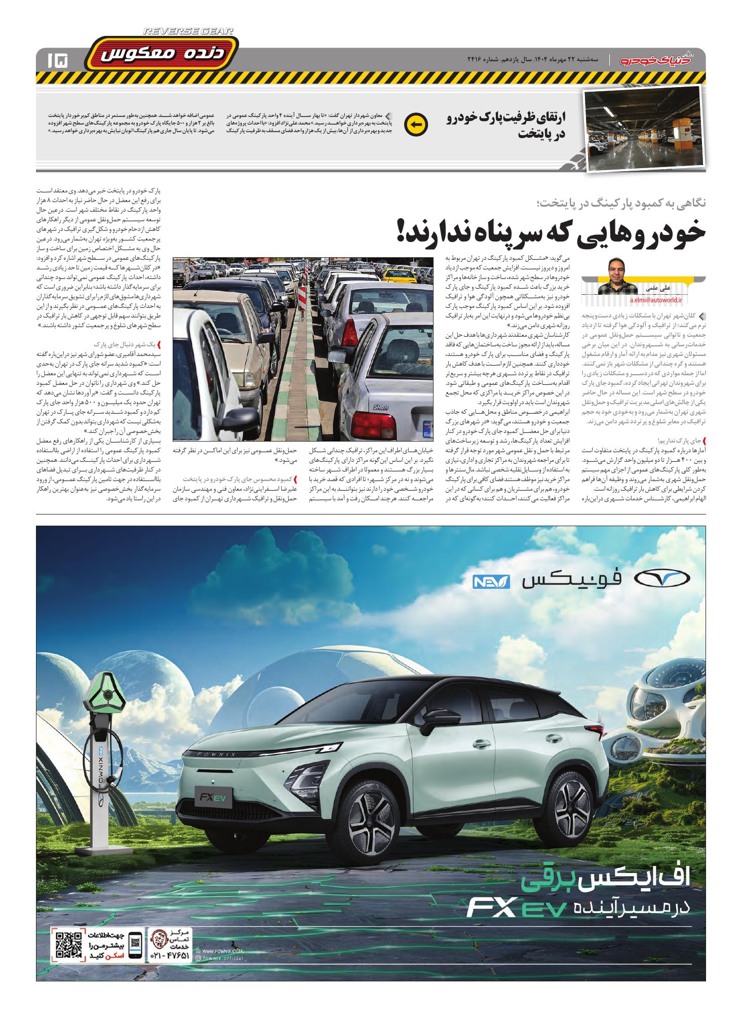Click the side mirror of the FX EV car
pos(437,718)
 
